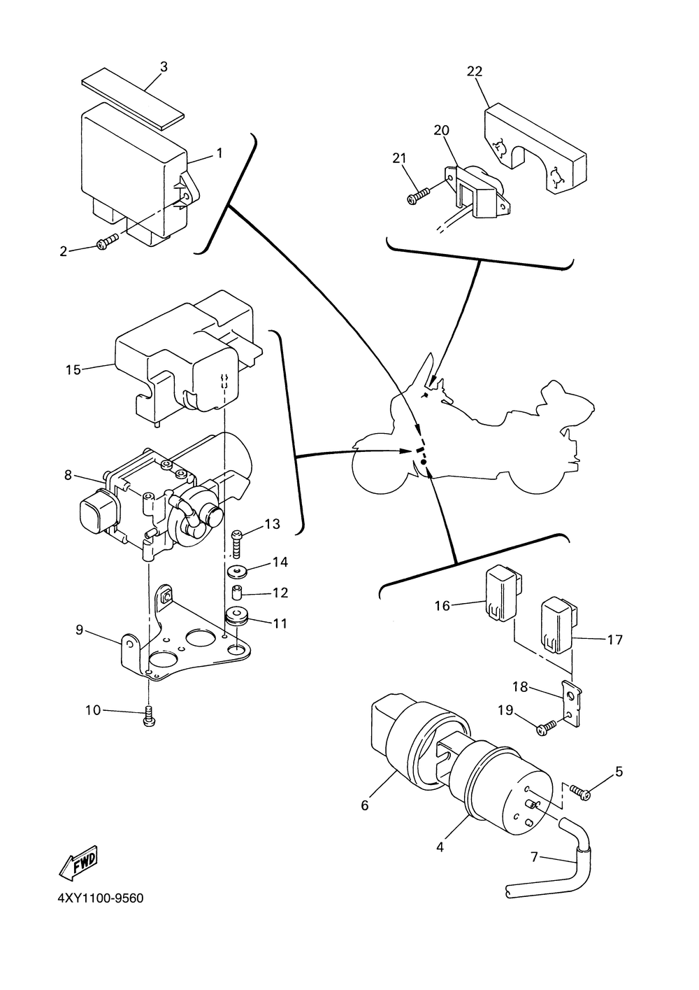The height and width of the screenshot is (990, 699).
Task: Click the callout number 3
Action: click(164, 67)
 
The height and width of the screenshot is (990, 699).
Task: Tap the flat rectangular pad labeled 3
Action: click(133, 98)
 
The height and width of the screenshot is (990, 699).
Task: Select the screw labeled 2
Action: click(108, 241)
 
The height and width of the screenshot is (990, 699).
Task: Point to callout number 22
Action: click(475, 71)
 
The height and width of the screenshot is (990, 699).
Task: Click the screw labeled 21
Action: click(418, 195)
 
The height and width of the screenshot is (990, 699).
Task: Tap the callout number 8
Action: click(68, 475)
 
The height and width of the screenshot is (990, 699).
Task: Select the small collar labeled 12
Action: click(238, 592)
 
